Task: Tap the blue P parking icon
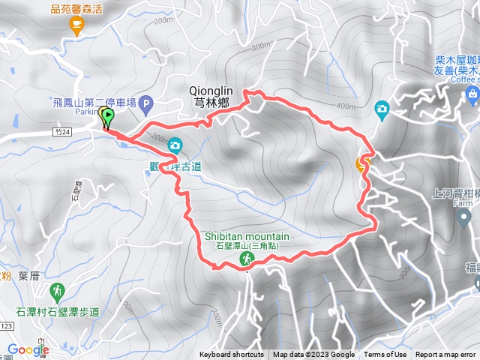[x=146, y=104]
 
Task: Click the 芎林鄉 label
[x=211, y=104]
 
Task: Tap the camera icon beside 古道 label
[x=175, y=145]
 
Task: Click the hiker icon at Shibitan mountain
[x=245, y=259]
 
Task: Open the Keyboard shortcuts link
[x=232, y=355]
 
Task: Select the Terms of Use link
[x=385, y=355]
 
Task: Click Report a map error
[x=446, y=355]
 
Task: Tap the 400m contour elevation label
[x=346, y=106]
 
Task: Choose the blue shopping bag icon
[x=472, y=93]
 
